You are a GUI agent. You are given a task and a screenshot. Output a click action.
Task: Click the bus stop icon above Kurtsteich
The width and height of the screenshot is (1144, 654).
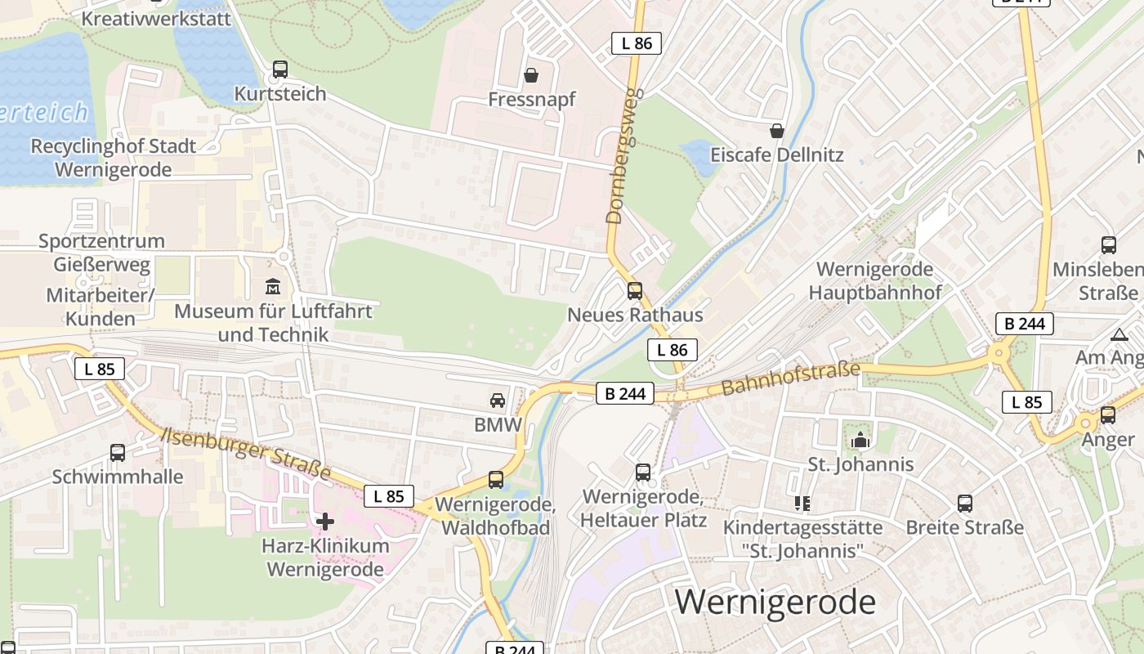pyautogui.click(x=280, y=69)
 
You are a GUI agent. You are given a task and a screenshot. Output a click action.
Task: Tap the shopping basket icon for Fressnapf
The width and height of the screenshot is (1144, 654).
pyautogui.click(x=532, y=76)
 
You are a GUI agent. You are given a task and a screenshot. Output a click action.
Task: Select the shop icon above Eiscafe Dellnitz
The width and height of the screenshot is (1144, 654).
pyautogui.click(x=777, y=131)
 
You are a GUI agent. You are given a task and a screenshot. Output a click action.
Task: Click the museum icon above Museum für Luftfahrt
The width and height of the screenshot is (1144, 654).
pyautogui.click(x=272, y=287)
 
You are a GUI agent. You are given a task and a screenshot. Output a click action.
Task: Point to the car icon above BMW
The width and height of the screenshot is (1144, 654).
pyautogui.click(x=497, y=401)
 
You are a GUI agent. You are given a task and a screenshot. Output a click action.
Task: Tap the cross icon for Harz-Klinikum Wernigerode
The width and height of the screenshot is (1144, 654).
pyautogui.click(x=325, y=521)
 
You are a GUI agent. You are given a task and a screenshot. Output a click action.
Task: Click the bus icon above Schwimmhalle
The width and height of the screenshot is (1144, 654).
pyautogui.click(x=118, y=452)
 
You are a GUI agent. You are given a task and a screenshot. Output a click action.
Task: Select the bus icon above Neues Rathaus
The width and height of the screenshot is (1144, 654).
pyautogui.click(x=635, y=290)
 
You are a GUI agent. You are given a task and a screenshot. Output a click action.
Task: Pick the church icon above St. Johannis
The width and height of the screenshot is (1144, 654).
pyautogui.click(x=860, y=441)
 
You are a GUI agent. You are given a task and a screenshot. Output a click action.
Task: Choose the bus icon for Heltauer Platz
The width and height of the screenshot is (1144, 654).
pyautogui.click(x=643, y=472)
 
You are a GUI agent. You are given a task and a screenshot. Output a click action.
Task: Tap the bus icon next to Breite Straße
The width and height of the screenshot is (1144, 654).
pyautogui.click(x=965, y=503)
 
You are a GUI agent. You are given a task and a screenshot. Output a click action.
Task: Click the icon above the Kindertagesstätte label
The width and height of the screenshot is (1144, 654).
pyautogui.click(x=802, y=503)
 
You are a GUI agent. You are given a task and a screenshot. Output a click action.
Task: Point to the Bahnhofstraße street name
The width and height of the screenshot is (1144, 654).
pyautogui.click(x=791, y=379)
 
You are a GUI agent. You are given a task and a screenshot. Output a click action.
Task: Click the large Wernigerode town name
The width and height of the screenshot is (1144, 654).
pyautogui.click(x=775, y=602)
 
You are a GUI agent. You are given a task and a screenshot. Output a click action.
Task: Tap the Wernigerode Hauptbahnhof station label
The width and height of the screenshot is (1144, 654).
pyautogui.click(x=874, y=280)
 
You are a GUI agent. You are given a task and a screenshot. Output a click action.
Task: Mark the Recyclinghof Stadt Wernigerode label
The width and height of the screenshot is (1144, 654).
pyautogui.click(x=114, y=158)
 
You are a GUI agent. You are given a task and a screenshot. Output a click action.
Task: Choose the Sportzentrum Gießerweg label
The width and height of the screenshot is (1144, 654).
pyautogui.click(x=102, y=253)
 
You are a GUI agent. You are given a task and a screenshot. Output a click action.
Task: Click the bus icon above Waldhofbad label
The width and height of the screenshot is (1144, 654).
pyautogui.click(x=496, y=480)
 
